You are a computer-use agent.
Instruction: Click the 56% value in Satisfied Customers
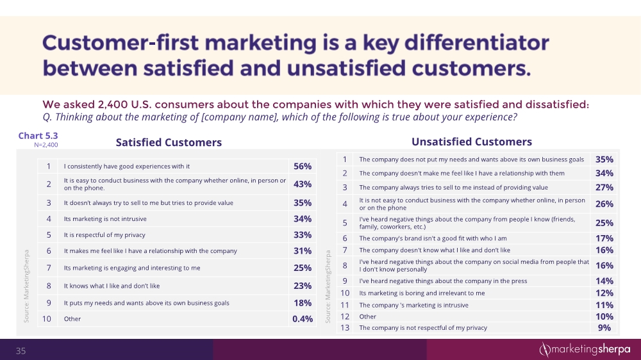tap(303, 167)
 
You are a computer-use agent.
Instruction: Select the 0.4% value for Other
tap(303, 318)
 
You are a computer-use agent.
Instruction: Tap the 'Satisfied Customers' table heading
tap(169, 142)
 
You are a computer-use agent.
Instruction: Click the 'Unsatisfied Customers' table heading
tap(471, 142)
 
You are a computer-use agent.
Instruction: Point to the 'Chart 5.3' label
tap(39, 135)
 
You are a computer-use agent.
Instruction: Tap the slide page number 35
tap(21, 350)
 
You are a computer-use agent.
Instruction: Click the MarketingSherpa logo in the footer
tap(584, 349)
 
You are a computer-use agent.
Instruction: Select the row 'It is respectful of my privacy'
tap(105, 234)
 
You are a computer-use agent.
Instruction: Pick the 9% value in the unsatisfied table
tap(604, 328)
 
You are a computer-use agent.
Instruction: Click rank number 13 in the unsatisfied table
tap(344, 328)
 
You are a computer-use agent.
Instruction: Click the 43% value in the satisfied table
tap(303, 184)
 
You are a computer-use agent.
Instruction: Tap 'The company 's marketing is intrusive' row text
tap(413, 305)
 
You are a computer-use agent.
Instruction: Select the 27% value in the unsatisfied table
tap(604, 188)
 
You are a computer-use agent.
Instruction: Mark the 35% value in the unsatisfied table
tap(604, 160)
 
